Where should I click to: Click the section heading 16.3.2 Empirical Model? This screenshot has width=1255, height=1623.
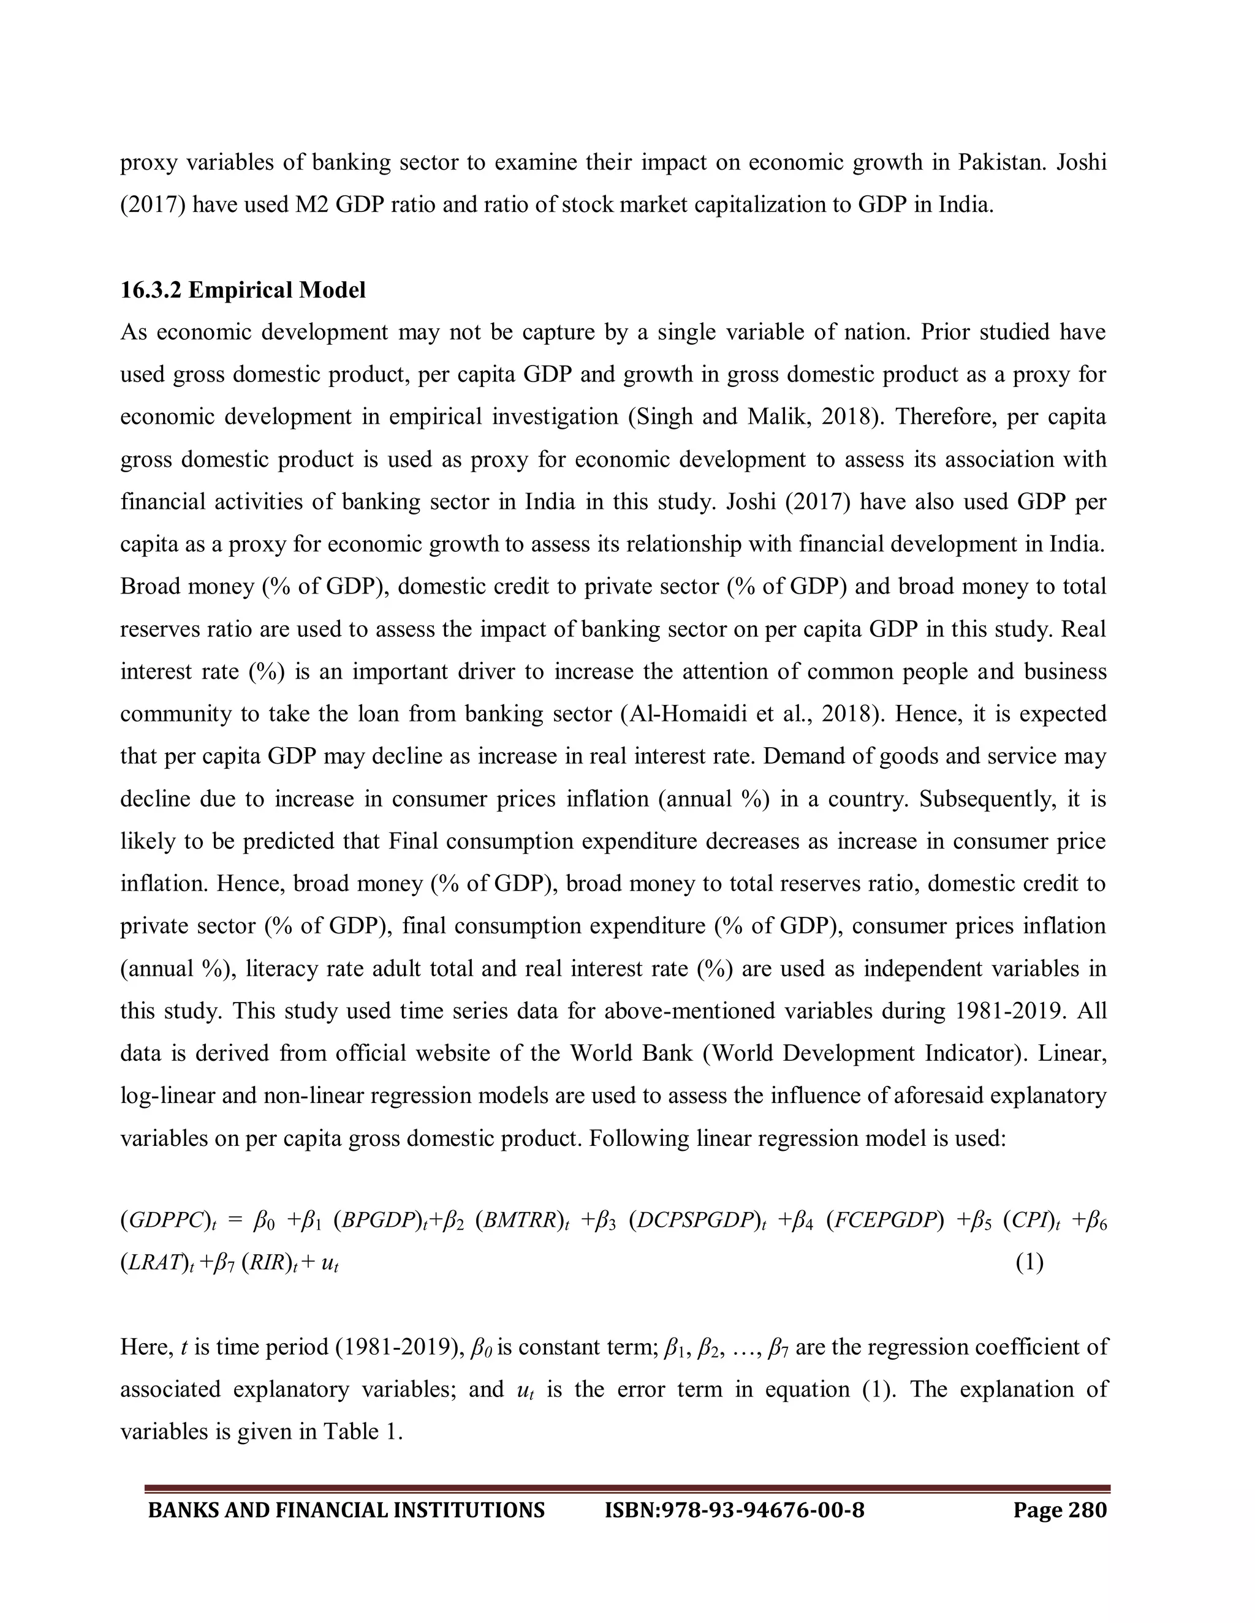[x=243, y=290]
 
